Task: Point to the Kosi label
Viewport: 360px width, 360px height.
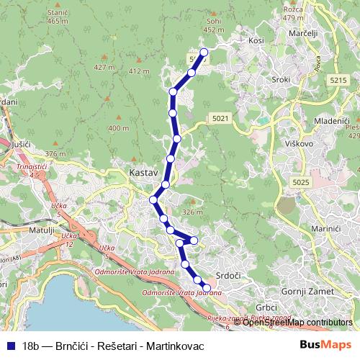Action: coord(256,41)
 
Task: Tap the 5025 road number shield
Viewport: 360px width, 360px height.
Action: coord(301,184)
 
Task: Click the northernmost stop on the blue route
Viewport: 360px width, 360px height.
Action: coord(204,52)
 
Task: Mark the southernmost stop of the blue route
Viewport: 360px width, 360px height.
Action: coord(207,289)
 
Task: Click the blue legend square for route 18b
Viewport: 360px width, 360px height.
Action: coord(9,346)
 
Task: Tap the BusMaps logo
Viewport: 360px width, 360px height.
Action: coord(326,346)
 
